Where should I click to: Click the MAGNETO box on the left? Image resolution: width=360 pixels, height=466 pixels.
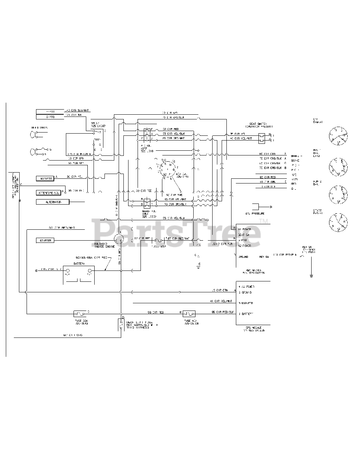pos(45,178)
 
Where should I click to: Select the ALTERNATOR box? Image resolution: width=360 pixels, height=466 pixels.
pos(52,202)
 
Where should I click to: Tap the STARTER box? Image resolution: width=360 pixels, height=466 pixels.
pos(45,240)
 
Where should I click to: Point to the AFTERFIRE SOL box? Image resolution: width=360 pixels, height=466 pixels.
pos(48,193)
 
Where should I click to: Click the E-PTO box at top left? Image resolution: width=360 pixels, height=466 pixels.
pos(50,117)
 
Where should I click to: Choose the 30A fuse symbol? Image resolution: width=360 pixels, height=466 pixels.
pos(79,313)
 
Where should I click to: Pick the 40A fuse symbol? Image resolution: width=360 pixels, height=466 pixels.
pos(190,313)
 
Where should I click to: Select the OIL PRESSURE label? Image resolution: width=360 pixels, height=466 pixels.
pos(255,213)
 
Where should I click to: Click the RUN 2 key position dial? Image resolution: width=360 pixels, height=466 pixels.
pos(338,194)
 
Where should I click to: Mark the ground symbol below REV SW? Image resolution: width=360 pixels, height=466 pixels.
pos(311,276)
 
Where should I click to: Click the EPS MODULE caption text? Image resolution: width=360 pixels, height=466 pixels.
pos(254,328)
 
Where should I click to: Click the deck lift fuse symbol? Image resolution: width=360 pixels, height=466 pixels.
pos(120,324)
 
